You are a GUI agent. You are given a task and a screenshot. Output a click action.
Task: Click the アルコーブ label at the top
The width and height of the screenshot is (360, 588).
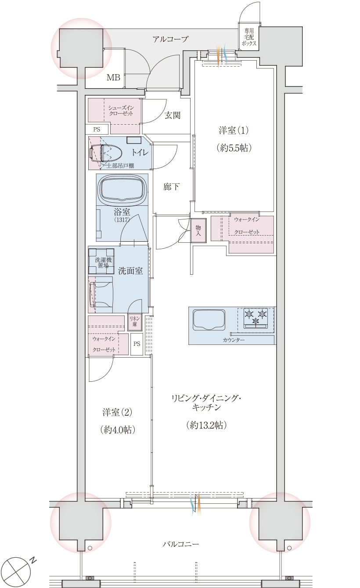point(170,39)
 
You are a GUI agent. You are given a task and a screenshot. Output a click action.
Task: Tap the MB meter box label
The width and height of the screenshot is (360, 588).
point(114,78)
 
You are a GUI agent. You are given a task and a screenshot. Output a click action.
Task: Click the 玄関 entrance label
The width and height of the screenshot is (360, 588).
point(173,115)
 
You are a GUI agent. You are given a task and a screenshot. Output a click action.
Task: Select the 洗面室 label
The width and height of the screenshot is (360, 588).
point(130,271)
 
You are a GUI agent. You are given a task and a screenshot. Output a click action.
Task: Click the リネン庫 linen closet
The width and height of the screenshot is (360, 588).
point(134,323)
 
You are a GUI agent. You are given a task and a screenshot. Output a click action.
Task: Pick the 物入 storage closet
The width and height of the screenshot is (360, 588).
point(198,230)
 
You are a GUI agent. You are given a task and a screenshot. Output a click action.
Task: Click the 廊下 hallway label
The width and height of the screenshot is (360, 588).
point(171,187)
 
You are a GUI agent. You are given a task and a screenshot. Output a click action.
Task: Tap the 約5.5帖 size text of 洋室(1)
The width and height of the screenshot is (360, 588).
point(234,148)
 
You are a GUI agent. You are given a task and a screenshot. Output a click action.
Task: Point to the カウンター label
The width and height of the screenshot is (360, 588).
point(234,340)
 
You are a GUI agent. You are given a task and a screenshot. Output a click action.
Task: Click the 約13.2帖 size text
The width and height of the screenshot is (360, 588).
point(206,425)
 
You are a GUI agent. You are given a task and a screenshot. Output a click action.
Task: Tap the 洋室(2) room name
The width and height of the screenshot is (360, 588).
point(117,412)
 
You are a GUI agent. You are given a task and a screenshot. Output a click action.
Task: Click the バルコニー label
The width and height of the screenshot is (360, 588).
point(181,544)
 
